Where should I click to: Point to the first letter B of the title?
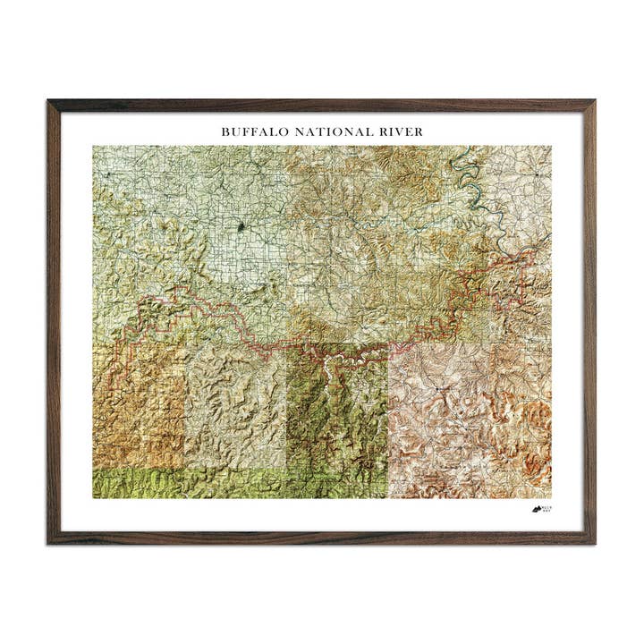[225, 131]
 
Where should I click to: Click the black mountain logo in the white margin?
[536, 509]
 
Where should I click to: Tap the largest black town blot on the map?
[241, 228]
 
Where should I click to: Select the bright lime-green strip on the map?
[179, 483]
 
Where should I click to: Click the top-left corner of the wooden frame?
[50, 102]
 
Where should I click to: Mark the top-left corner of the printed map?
[93, 147]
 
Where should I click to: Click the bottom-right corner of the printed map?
[551, 498]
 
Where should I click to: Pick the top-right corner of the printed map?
[551, 147]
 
